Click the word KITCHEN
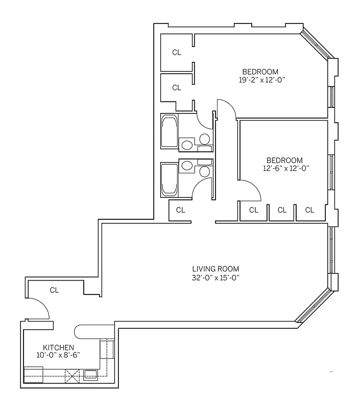51,347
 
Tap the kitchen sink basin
90,374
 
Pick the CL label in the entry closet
54,290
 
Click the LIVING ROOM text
215,269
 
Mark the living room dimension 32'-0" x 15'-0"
215,278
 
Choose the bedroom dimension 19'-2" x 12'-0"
261,80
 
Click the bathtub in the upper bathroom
170,131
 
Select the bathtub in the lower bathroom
170,179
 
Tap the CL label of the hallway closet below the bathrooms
180,210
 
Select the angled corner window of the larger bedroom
317,45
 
